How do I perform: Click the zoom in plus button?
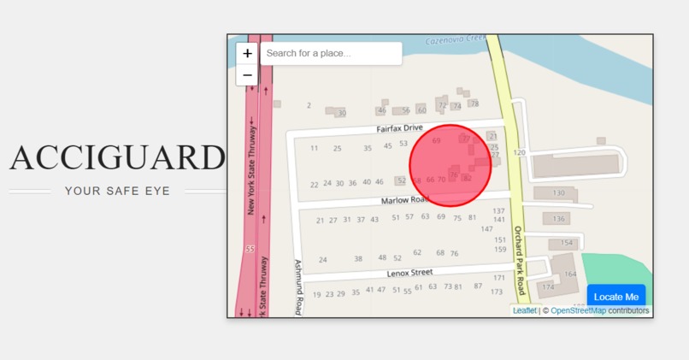point(248,53)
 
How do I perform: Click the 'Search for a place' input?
point(331,54)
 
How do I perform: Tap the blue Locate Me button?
point(615,297)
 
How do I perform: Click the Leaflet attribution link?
point(525,310)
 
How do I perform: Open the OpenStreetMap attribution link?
point(579,310)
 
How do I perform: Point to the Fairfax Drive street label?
point(400,128)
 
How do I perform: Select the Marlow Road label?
point(404,200)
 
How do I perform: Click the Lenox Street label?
point(410,273)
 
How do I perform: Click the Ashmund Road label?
point(298,287)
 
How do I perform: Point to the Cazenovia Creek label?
point(456,39)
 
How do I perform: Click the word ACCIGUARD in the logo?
point(117,158)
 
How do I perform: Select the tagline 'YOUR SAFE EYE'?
point(117,191)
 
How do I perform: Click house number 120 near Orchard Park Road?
point(519,152)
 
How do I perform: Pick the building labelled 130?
point(558,193)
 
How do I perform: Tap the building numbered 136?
point(558,219)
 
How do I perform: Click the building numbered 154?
point(566,244)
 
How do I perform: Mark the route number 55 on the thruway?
point(250,250)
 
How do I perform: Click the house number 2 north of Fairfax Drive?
point(309,105)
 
